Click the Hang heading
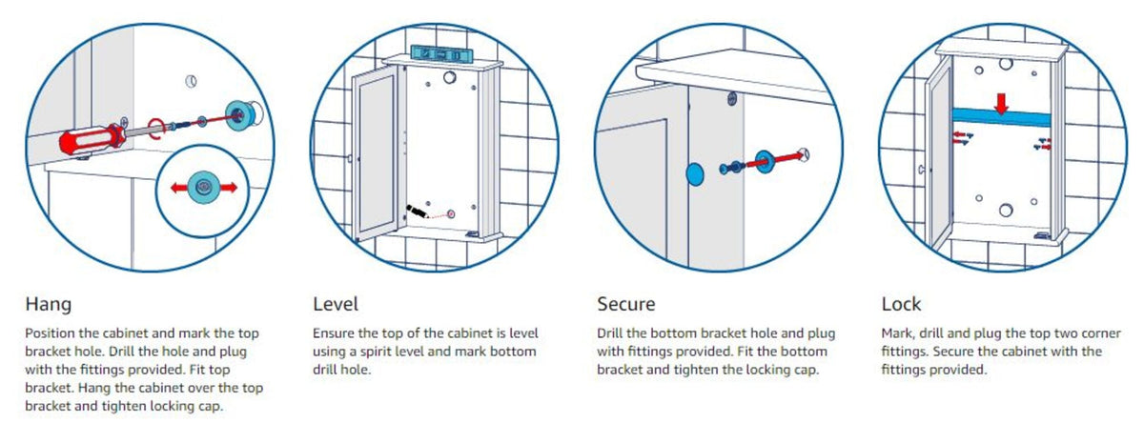[48, 304]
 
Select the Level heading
[336, 304]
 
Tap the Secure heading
[626, 304]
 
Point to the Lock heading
[902, 304]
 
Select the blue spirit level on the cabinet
[441, 54]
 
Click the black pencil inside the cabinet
[418, 211]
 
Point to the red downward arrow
[1002, 104]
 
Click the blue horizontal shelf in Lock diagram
[1002, 118]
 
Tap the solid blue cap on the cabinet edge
[695, 174]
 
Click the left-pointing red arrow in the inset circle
[179, 188]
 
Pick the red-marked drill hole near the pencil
[451, 213]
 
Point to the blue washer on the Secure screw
[764, 161]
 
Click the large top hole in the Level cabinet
[449, 77]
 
